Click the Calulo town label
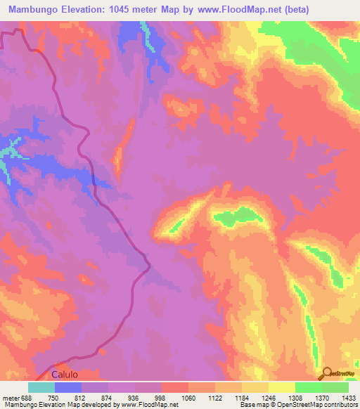click(67, 375)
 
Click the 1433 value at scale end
click(347, 397)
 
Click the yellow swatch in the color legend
click(282, 387)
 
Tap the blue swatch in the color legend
click(68, 387)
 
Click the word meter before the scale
click(11, 397)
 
